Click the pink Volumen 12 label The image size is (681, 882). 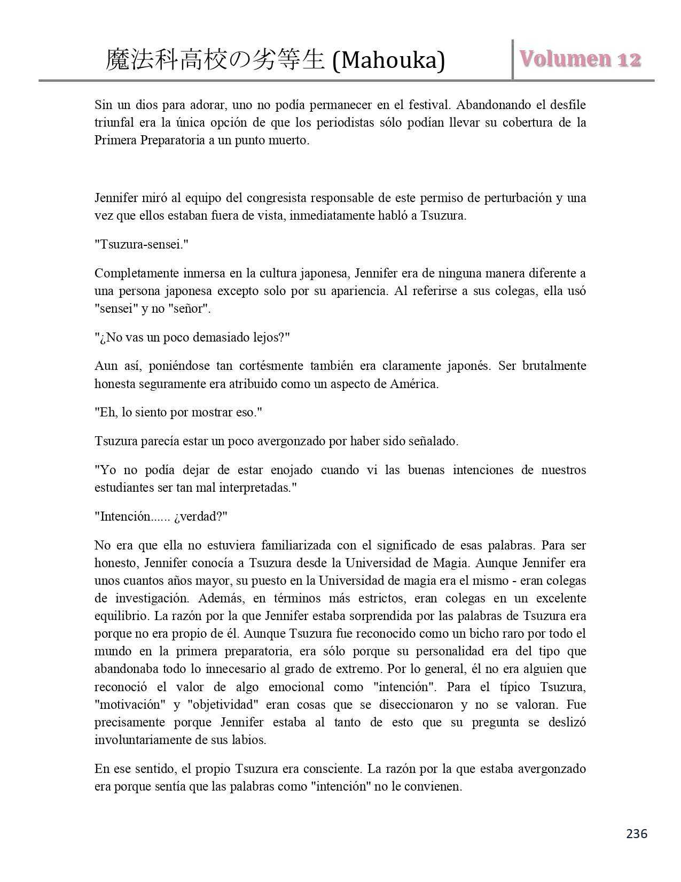tap(581, 59)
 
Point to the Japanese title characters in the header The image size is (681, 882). tap(215, 60)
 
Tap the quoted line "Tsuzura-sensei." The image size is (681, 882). tap(142, 245)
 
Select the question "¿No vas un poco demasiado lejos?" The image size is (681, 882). tap(192, 338)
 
